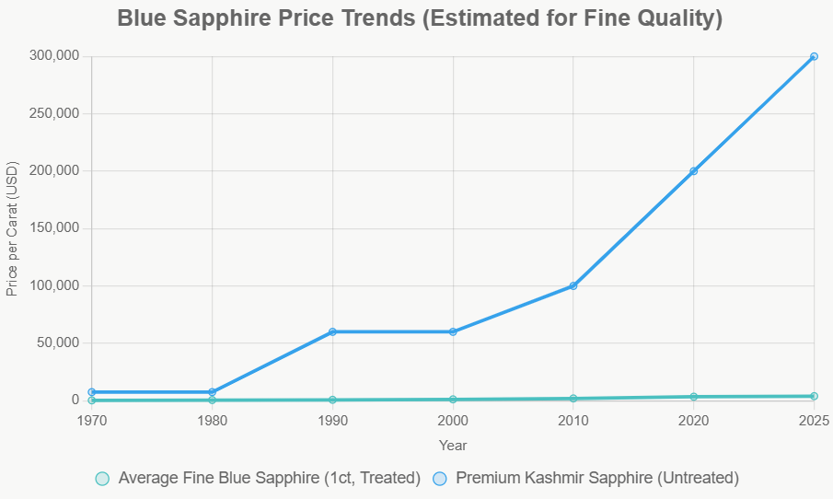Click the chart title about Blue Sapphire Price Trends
tap(420, 18)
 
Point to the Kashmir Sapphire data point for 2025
tap(814, 56)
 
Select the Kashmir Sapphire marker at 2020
tap(693, 171)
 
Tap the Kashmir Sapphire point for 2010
tap(573, 285)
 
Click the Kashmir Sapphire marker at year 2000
tap(453, 331)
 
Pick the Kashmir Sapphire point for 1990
tap(332, 331)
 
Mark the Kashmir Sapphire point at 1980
tap(213, 392)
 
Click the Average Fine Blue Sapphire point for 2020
tap(693, 397)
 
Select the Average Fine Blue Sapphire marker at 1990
tap(332, 400)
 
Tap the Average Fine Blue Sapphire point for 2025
tap(814, 396)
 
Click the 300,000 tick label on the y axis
tap(55, 56)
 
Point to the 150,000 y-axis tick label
tap(55, 228)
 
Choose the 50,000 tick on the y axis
tap(59, 342)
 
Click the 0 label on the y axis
tap(76, 400)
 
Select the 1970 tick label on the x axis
tap(92, 421)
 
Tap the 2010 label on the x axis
tap(573, 421)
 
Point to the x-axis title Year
tap(453, 446)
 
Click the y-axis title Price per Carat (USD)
tap(12, 228)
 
